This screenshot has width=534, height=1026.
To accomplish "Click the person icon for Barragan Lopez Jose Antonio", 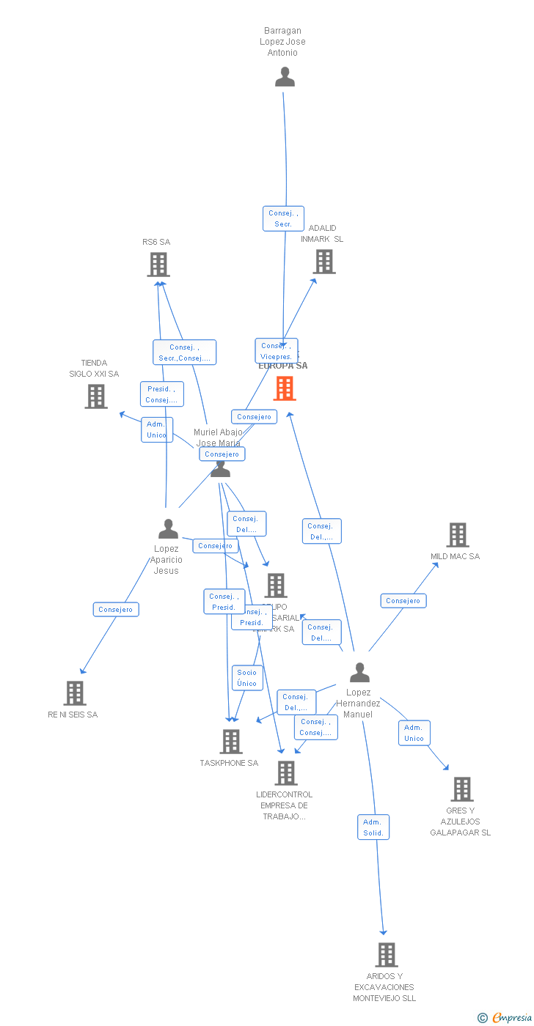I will pos(285,77).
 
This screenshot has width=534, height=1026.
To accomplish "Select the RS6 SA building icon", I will pos(158,265).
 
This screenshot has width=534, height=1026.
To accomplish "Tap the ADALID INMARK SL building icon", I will pos(323,262).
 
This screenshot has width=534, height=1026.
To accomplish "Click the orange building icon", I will pos(285,388).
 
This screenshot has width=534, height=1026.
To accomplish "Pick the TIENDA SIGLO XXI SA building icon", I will pos(96,396).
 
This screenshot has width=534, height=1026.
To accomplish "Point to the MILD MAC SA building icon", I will pos(458,535).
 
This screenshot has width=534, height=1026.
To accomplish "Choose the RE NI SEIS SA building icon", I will pos(74,693).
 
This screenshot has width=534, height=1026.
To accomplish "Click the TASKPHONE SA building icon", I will pos(231,742).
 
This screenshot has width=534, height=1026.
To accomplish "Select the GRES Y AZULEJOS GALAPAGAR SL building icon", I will pos(461,789).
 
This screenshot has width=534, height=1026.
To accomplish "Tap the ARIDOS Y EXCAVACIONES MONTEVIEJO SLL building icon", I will pos(387,955).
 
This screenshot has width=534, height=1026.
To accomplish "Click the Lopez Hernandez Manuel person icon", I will pos(359,672).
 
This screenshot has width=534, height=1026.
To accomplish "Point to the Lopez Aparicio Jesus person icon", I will pos(168,529).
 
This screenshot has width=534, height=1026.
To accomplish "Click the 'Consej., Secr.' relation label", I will pos(283,218).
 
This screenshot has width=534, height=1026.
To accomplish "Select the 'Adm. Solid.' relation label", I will pos(373,827).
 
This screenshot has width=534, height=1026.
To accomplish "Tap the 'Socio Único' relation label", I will pos(247,678).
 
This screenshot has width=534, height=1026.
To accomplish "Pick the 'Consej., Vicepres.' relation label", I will pos(276,350).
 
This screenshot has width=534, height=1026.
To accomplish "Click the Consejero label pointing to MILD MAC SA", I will pos(403,601).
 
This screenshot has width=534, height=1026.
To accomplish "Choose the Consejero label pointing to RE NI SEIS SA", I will pos(115,610).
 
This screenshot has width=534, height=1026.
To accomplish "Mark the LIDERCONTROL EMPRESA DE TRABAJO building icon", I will pos(285,772).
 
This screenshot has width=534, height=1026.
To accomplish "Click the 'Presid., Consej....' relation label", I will pos(161,394).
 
